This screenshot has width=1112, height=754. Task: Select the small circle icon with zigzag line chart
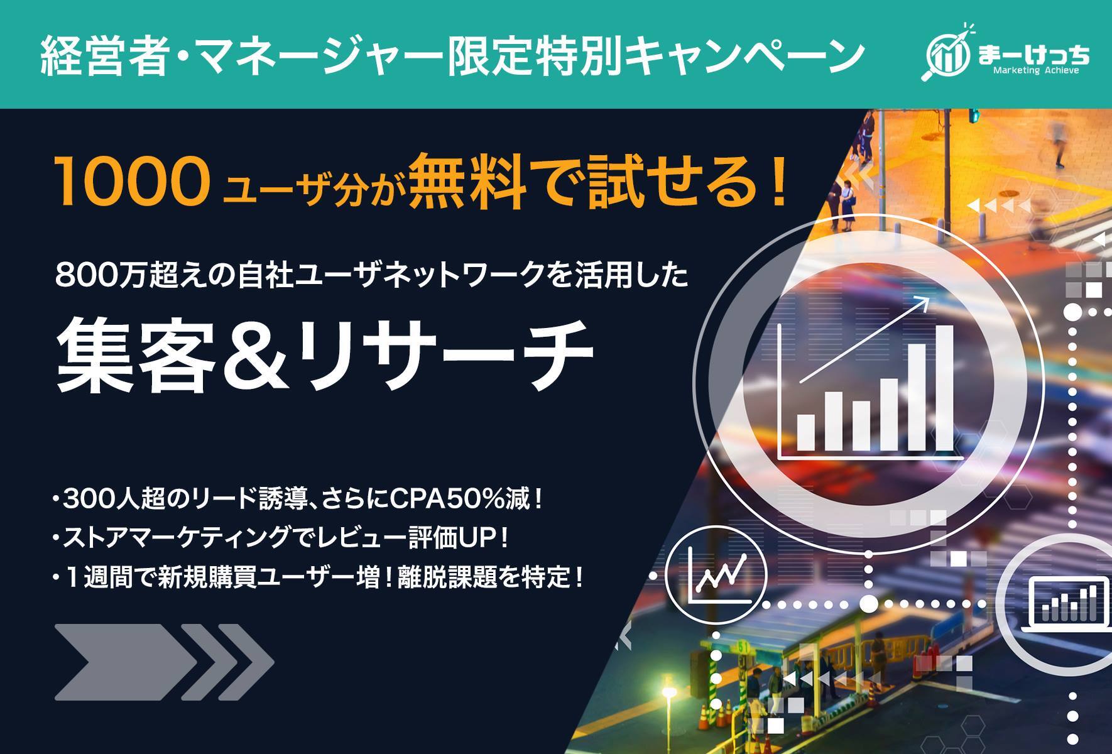716,574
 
